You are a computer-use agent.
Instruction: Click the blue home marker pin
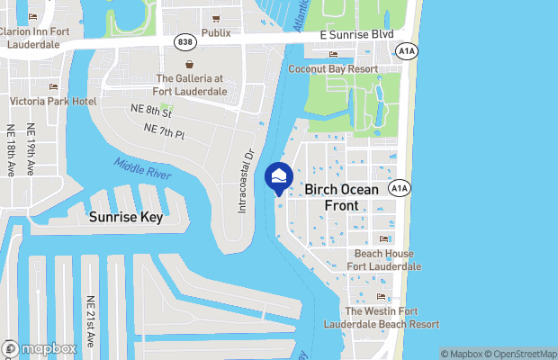tap(278, 176)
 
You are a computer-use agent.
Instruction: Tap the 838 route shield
tap(184, 41)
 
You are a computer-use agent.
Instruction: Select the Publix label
tap(215, 32)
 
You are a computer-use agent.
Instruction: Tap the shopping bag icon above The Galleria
tap(190, 65)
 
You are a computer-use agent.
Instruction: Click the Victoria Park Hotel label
tap(52, 101)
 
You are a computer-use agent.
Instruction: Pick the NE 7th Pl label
tap(164, 133)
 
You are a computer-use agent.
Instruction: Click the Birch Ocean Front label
tap(343, 197)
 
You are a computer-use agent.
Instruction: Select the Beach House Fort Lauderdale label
tap(383, 260)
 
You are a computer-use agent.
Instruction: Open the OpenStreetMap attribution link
tap(522, 353)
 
